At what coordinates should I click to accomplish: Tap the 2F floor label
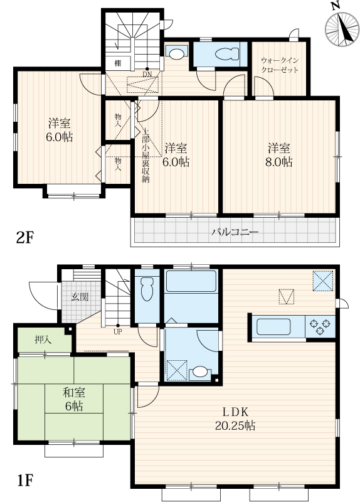[25, 238]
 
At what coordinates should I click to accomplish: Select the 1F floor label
[24, 480]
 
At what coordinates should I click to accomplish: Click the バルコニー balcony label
[235, 232]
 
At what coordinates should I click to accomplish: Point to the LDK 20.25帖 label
[235, 419]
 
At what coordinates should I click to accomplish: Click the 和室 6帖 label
[74, 399]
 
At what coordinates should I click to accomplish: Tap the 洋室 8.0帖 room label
[279, 155]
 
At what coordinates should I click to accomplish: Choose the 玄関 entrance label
[80, 297]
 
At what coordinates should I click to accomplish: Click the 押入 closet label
[43, 339]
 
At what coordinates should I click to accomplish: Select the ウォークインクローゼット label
[280, 65]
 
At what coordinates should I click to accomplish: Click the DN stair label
[147, 74]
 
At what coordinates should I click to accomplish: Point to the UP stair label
[118, 332]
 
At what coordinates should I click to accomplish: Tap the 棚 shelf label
[118, 63]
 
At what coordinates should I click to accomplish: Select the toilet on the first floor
[147, 289]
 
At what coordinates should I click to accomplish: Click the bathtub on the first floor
[191, 281]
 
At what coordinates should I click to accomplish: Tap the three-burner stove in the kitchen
[320, 326]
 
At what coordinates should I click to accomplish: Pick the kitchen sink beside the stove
[273, 326]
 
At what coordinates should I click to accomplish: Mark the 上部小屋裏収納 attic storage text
[146, 156]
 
